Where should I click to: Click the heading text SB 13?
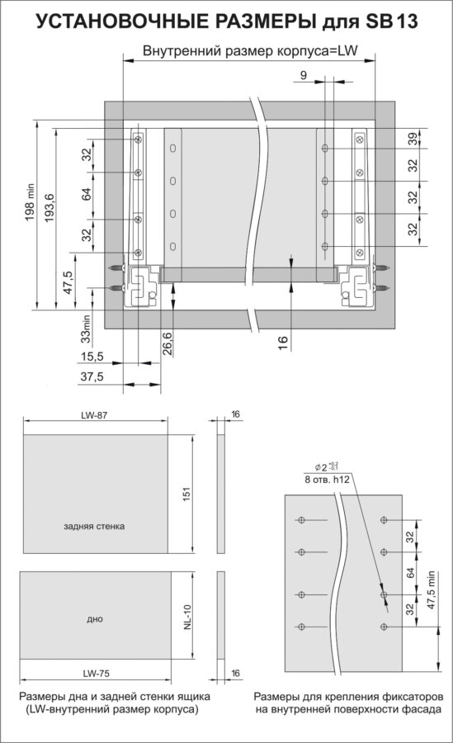click(x=392, y=21)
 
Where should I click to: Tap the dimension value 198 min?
click(x=30, y=202)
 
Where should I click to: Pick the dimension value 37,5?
click(x=92, y=377)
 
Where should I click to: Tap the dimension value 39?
click(x=413, y=139)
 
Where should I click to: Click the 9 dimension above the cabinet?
click(x=304, y=75)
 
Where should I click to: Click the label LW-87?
click(x=95, y=415)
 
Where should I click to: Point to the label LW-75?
click(x=97, y=673)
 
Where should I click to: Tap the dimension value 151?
click(x=186, y=495)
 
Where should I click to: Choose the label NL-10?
click(x=187, y=617)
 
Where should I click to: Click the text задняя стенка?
click(x=94, y=526)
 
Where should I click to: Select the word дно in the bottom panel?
click(x=95, y=619)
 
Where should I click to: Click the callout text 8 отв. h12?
click(x=328, y=480)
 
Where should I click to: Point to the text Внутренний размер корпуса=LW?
click(x=250, y=50)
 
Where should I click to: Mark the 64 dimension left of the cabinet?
click(x=87, y=194)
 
